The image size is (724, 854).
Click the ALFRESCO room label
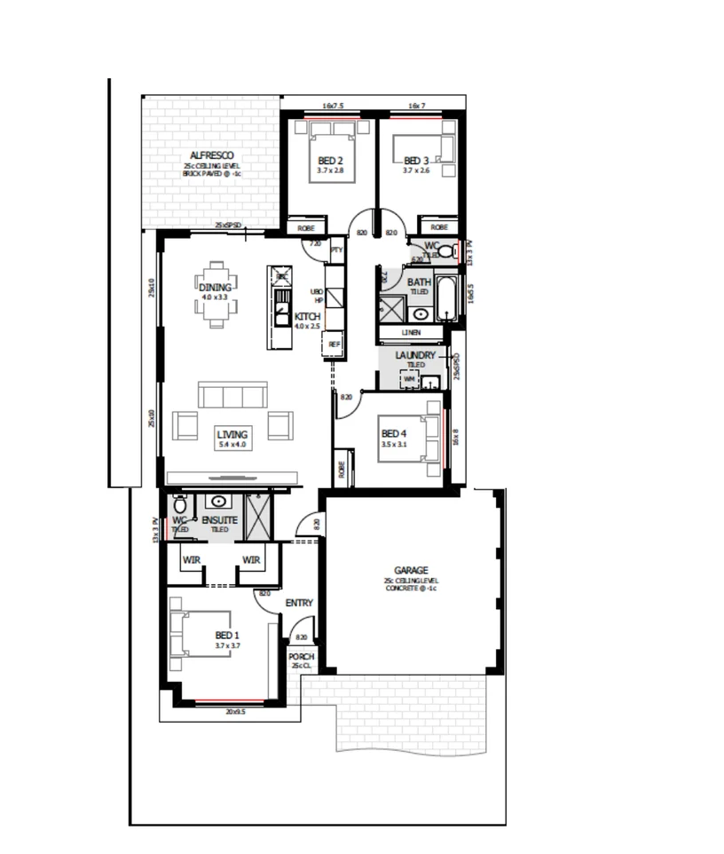tap(211, 154)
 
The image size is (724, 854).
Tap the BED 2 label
tap(331, 161)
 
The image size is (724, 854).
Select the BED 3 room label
tap(416, 161)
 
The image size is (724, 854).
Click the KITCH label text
tap(307, 317)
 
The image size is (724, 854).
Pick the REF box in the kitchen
tap(334, 344)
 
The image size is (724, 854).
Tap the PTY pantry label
tap(336, 251)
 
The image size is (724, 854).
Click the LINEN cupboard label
tap(411, 333)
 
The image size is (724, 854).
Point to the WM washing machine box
tap(409, 379)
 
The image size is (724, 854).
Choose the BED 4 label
tap(393, 433)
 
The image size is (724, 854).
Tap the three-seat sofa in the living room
tap(232, 395)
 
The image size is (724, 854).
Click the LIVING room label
tap(233, 434)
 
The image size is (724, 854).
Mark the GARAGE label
tap(411, 570)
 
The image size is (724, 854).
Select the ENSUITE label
tap(219, 520)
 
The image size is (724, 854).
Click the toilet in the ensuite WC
tap(181, 506)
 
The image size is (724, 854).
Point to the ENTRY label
tap(299, 604)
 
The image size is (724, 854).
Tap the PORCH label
tap(302, 657)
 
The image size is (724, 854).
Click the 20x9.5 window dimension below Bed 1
tap(234, 710)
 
